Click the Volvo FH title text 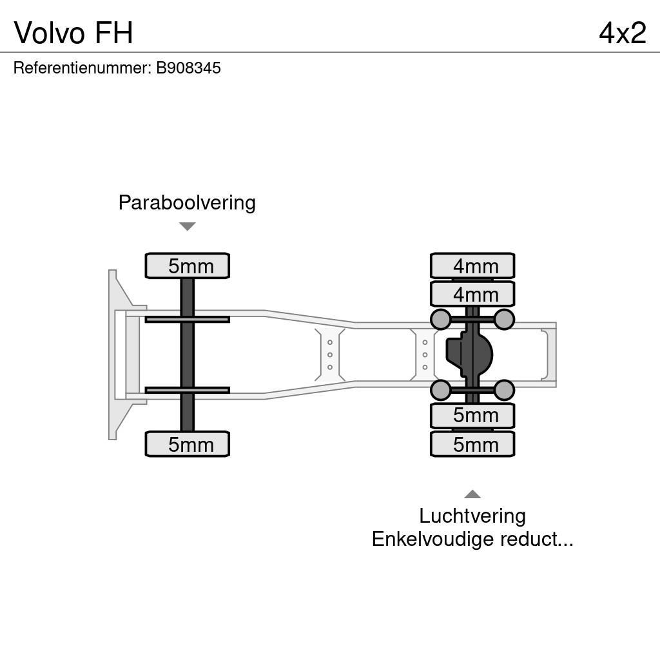(73, 32)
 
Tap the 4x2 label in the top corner (622, 32)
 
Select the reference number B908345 (188, 68)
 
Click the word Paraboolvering (187, 202)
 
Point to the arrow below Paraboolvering (187, 226)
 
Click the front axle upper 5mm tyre (188, 266)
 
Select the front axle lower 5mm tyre (188, 444)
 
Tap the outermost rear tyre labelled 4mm (472, 266)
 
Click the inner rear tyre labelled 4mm (472, 294)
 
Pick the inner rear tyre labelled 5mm (472, 416)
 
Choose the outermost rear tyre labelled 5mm (472, 444)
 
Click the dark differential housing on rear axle (469, 354)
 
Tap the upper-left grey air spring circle (440, 319)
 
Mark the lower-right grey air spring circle (504, 390)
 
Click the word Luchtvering (472, 516)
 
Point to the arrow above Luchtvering (472, 494)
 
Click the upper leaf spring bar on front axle (187, 319)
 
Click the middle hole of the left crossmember (330, 354)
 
